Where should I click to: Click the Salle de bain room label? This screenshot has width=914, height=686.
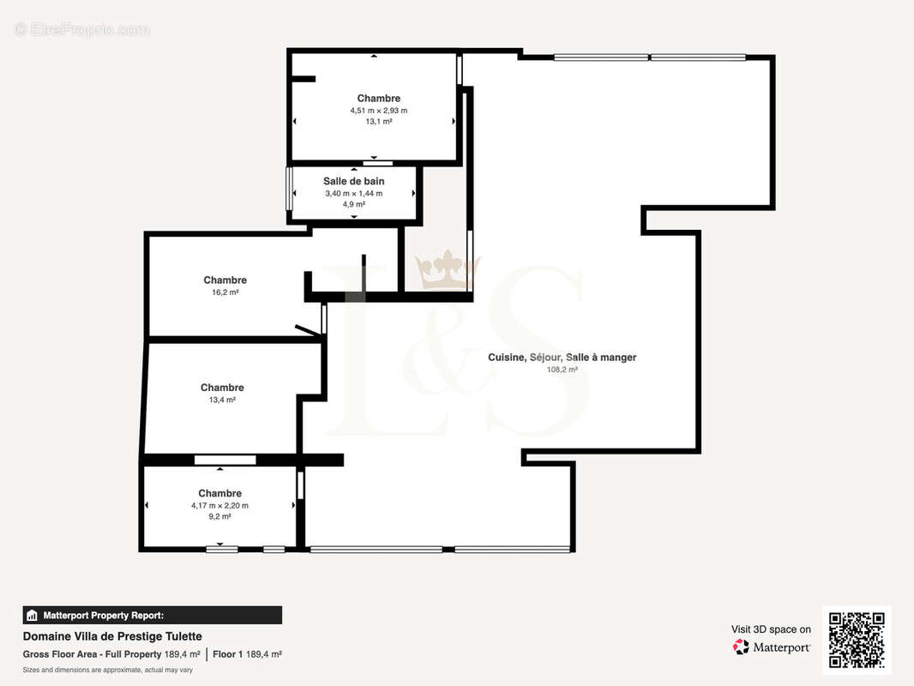coord(354,181)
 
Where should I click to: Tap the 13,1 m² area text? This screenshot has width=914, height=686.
coord(379,122)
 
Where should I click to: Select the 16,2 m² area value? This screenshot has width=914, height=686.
coord(225,292)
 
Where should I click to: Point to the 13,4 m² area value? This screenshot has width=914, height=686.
coord(222,400)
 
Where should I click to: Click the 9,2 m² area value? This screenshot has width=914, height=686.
coord(219,516)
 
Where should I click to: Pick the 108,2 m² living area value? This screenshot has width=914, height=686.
coord(562,370)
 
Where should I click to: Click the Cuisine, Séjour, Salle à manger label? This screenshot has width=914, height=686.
coord(562,358)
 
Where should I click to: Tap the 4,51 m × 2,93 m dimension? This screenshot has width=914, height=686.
coord(379,111)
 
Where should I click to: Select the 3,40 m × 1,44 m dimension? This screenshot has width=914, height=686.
coord(354,194)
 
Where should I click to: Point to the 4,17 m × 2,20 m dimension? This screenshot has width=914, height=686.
coord(219,506)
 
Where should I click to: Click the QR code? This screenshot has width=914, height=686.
coord(857,640)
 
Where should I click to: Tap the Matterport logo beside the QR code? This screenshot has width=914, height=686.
coord(772,647)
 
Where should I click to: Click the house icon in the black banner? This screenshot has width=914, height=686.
coord(32,616)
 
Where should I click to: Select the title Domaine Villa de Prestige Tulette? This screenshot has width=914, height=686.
coord(112,636)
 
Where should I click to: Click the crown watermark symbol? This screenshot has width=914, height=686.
coord(447,270)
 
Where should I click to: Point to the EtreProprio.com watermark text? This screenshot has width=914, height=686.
coord(82,29)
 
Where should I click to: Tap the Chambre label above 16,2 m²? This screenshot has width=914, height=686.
coord(225,280)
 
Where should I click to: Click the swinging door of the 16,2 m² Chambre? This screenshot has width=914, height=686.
coord(309,330)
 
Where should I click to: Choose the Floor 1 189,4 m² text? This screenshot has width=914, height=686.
coord(247,654)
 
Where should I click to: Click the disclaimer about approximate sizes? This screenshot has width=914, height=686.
coord(108,671)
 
